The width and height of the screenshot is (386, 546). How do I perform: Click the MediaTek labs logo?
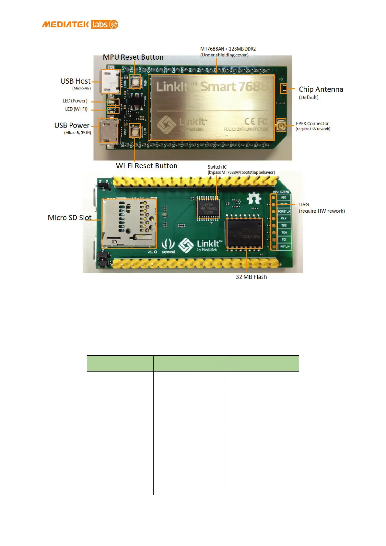pos(80,25)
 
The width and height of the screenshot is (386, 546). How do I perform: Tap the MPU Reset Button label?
pos(133,57)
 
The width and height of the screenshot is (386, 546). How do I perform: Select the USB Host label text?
pos(76,81)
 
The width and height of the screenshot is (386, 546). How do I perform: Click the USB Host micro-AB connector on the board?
pos(111,81)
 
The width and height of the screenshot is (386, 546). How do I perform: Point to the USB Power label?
pos(72,125)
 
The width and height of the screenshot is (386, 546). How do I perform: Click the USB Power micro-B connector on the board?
pos(109,131)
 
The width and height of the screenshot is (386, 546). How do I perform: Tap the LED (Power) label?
pos(75,101)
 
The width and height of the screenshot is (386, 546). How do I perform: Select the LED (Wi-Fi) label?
pos(76,109)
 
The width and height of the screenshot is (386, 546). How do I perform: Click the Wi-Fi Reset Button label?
pos(146,166)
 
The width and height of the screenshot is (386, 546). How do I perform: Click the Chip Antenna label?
pos(321,89)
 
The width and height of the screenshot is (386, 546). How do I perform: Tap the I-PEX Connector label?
pos(312,124)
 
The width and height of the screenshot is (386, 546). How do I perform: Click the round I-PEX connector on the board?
pos(281,125)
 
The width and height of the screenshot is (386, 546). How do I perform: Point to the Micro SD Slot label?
pos(69,218)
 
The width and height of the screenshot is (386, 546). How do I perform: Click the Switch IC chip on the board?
pos(208,208)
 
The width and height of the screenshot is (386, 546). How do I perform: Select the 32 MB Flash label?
pos(251,277)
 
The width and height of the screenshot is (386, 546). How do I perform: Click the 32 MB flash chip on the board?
pos(244,233)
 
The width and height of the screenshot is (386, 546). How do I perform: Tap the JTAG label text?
pos(303,205)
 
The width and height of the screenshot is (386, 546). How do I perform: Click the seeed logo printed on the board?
pos(168,246)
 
